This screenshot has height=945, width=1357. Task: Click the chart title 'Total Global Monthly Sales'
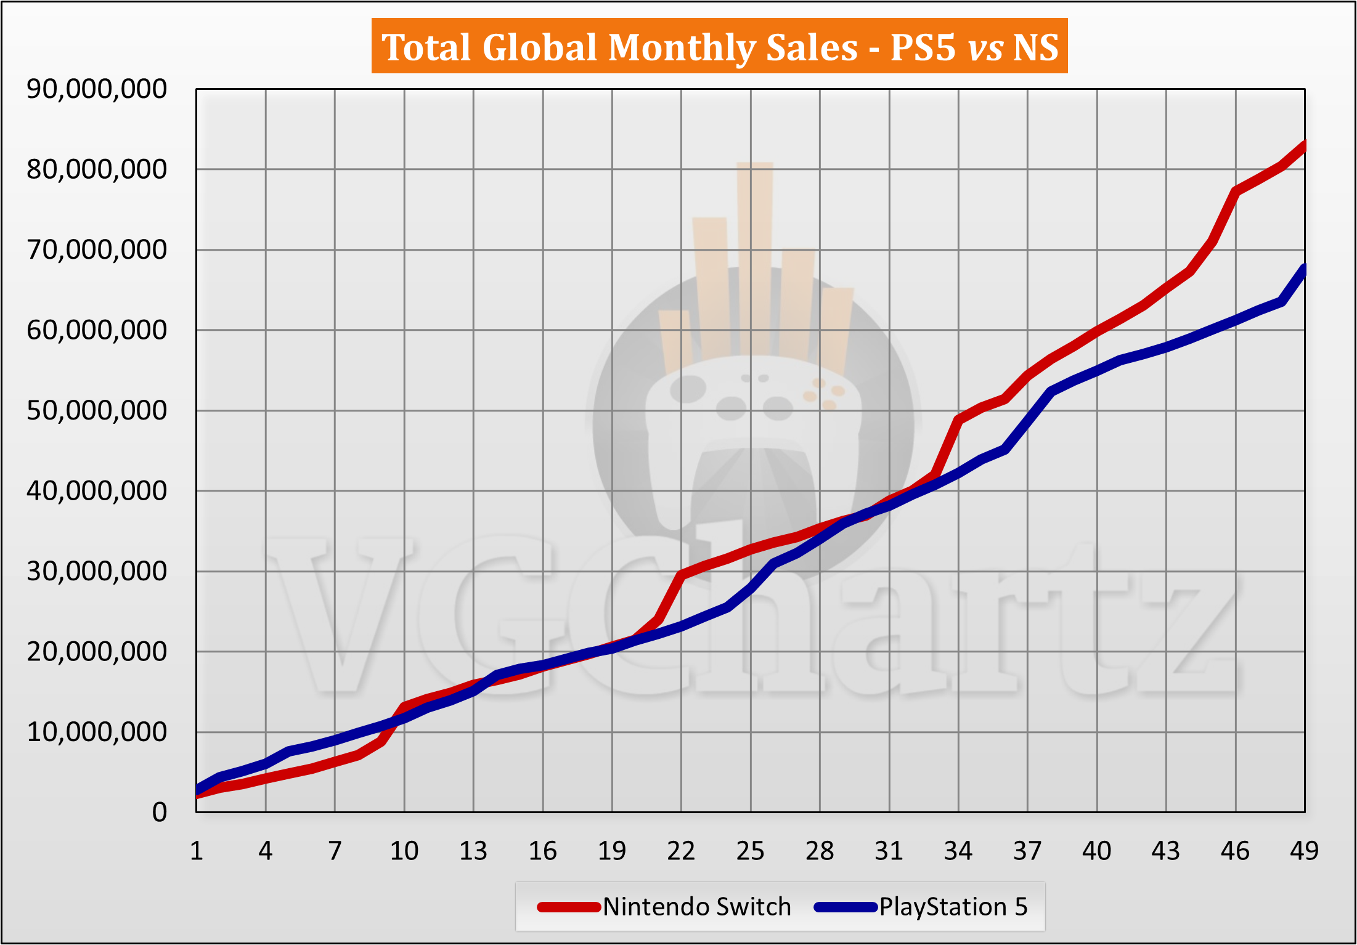coord(619,47)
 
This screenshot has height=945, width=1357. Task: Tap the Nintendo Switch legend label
coord(696,907)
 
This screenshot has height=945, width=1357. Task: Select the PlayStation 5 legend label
coord(953,907)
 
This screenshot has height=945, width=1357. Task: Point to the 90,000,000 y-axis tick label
coord(97,89)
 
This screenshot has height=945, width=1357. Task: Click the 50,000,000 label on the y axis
coord(97,410)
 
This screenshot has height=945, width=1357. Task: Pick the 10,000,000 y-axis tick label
coord(97,732)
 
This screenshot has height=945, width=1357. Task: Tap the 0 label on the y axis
coord(160,813)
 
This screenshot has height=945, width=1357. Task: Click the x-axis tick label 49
coord(1304,851)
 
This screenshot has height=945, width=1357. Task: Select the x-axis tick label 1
coord(197,851)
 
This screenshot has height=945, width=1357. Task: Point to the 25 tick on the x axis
coord(751,851)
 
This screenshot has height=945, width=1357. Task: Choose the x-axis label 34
coord(958,851)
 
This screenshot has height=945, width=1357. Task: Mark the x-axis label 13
coord(473,851)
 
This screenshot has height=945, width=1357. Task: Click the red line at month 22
coord(681,575)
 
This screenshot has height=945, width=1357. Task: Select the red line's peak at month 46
coord(1236,192)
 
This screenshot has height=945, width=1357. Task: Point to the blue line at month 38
coord(1051,391)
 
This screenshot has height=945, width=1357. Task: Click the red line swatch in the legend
coord(568,907)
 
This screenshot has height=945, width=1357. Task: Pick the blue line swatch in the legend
coord(845,907)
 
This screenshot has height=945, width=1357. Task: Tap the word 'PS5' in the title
coord(923,47)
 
